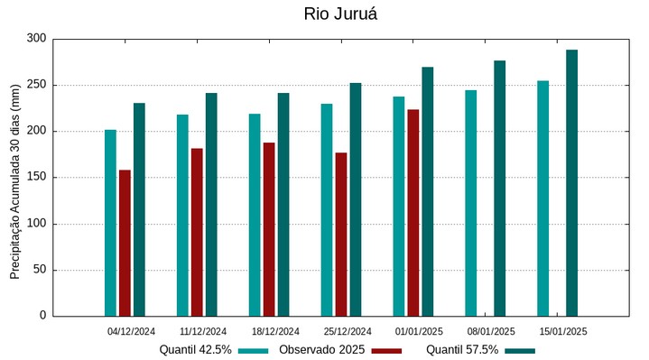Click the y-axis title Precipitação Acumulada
[x=14, y=177]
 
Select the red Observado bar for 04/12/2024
[x=125, y=243]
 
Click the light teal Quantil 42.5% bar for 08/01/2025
[x=470, y=203]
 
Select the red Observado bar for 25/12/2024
[x=340, y=235]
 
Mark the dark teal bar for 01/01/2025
[x=427, y=191]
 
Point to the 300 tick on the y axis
[x=36, y=39]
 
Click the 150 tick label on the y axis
[x=36, y=178]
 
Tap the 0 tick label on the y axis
[x=42, y=316]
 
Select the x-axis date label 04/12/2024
[x=131, y=331]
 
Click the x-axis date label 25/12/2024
[x=348, y=331]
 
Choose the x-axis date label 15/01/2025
[x=563, y=331]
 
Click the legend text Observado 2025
[x=321, y=350]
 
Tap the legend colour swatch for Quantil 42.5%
[x=255, y=350]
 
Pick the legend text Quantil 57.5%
[x=462, y=350]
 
